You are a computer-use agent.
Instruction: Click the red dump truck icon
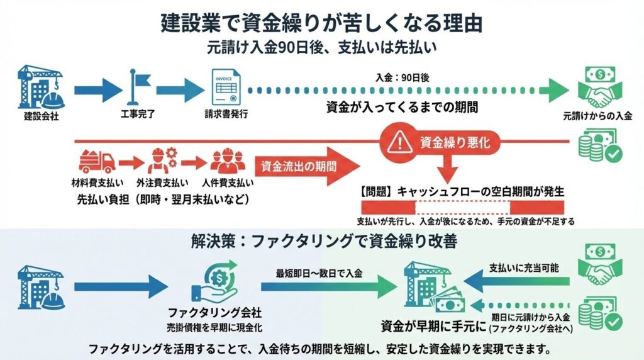tap(97, 163)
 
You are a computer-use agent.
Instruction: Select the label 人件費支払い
tap(228, 183)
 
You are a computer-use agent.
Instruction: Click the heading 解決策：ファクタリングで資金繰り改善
tap(321, 241)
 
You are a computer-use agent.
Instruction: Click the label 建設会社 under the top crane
tap(42, 116)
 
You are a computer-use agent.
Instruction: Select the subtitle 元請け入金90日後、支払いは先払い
tap(321, 47)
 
